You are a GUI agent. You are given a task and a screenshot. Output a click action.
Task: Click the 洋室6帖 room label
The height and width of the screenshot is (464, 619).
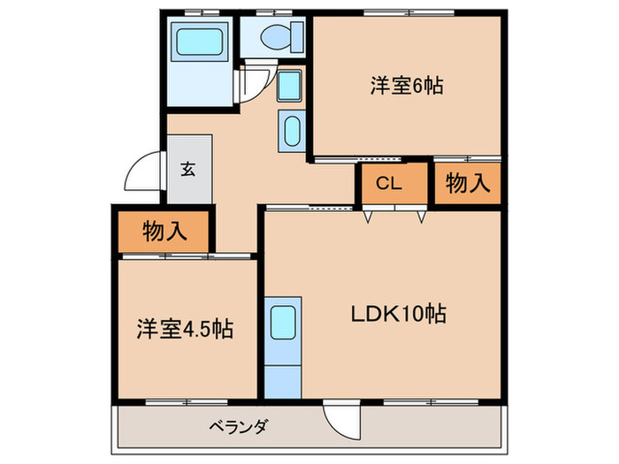click(406, 86)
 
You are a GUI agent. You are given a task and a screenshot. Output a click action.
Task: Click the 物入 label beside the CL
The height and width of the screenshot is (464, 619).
click(467, 184)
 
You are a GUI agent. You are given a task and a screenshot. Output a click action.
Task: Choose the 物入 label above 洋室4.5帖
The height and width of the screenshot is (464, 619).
click(164, 231)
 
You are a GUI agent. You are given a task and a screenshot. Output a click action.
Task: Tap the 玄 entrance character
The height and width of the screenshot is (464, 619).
click(188, 170)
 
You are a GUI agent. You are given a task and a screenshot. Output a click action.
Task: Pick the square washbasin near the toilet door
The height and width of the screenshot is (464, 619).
click(290, 87)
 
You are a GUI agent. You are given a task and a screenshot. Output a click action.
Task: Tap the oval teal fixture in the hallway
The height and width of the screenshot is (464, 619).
click(291, 131)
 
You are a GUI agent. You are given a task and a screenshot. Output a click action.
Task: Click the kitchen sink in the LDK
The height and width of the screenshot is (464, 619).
click(284, 322)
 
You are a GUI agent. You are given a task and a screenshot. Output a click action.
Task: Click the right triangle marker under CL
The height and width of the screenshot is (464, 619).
click(422, 215)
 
